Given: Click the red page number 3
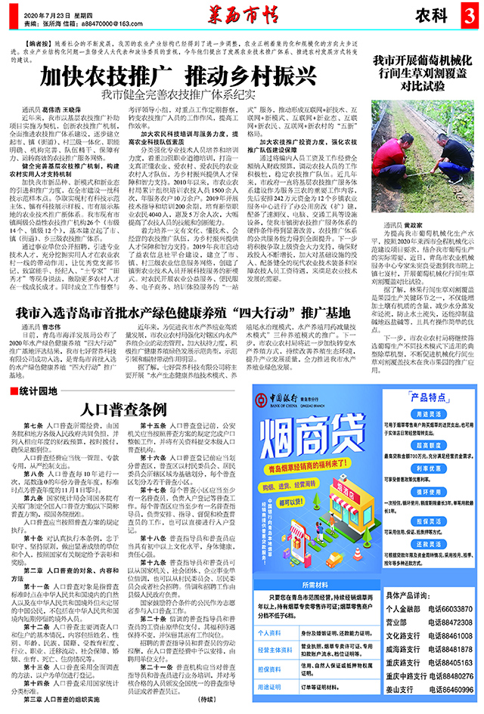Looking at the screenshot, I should pyautogui.click(x=470, y=14).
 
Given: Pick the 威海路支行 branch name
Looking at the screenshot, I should pyautogui.click(x=408, y=670).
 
